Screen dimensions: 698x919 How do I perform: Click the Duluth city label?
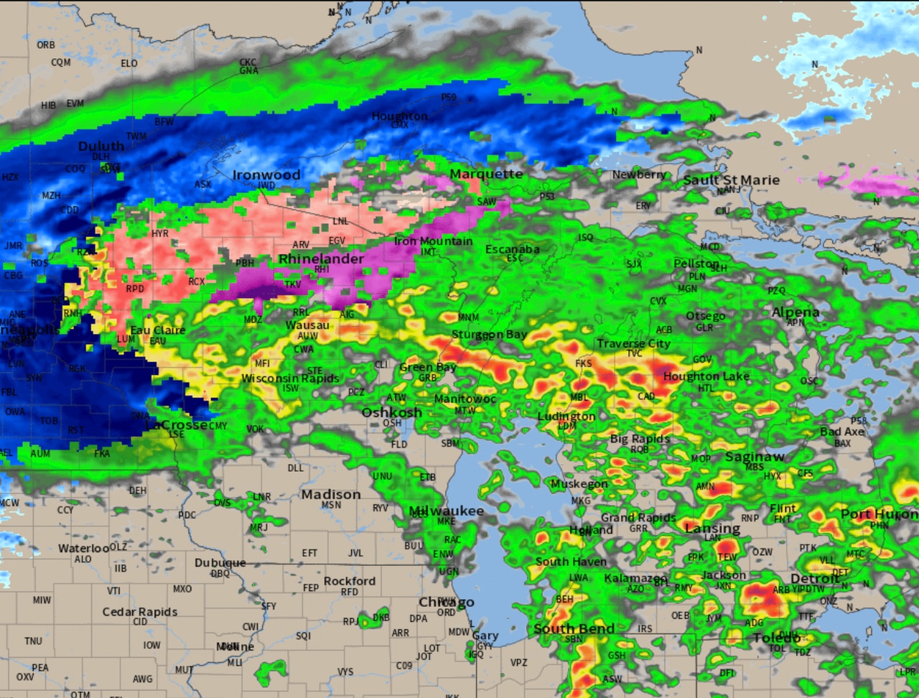101,146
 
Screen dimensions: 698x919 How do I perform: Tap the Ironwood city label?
266,174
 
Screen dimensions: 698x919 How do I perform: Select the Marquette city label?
486,174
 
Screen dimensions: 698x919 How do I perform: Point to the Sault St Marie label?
731,180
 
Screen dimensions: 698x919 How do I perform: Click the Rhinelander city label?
321,259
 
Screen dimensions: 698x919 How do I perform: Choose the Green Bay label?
428,367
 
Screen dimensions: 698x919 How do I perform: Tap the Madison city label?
331,494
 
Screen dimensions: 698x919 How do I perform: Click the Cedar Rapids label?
140,612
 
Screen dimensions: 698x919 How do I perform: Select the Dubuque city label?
220,562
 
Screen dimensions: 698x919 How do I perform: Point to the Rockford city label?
350,581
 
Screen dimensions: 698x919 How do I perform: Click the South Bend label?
574,628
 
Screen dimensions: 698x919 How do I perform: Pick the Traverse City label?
633,343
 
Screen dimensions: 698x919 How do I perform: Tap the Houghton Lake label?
706,376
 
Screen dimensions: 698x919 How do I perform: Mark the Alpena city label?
795,312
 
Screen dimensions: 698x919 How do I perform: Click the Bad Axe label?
842,432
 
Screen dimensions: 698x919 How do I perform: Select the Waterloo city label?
84,548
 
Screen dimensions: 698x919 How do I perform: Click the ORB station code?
46,45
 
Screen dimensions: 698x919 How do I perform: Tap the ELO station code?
129,63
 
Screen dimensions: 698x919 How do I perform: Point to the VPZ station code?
518,663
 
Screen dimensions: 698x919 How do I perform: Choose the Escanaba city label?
512,249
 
